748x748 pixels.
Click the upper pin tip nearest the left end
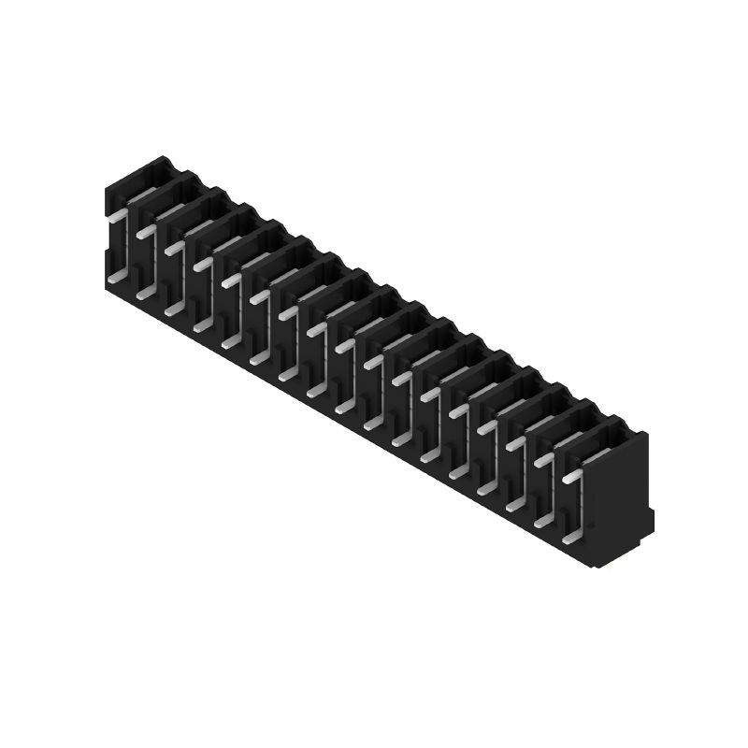click(x=115, y=215)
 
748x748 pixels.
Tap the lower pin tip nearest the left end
click(x=115, y=278)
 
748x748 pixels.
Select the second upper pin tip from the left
click(x=144, y=232)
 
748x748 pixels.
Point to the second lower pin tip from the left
click(x=144, y=294)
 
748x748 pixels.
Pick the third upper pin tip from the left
click(x=172, y=248)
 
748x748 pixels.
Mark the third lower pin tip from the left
click(x=172, y=309)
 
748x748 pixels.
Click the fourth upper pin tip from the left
click(x=201, y=265)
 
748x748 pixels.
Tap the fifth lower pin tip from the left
click(x=230, y=342)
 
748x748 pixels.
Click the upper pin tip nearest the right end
click(x=570, y=477)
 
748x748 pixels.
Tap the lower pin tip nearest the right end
click(x=571, y=539)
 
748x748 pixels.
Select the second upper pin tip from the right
click(x=542, y=460)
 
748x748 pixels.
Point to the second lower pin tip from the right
click(x=542, y=523)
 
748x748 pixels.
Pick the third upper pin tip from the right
click(x=514, y=444)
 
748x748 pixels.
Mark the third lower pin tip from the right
click(x=514, y=506)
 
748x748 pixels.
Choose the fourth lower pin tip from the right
click(x=485, y=490)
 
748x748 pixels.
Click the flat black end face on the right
click(x=626, y=496)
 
